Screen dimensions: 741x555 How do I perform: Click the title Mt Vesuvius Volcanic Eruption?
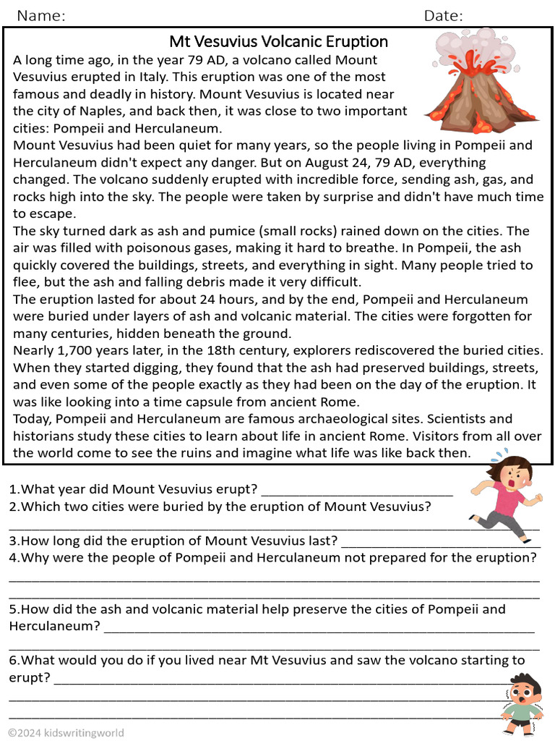tap(278, 41)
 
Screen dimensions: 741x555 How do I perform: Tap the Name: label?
tap(41, 16)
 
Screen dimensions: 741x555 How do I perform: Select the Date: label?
tap(443, 16)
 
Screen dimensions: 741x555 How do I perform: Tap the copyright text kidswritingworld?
tap(66, 732)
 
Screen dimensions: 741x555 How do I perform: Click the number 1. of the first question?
tap(14, 490)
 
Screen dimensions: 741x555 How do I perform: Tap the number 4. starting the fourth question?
tap(14, 558)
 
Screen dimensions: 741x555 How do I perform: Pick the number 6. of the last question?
tap(14, 660)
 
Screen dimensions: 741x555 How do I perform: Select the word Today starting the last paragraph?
tap(32, 419)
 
